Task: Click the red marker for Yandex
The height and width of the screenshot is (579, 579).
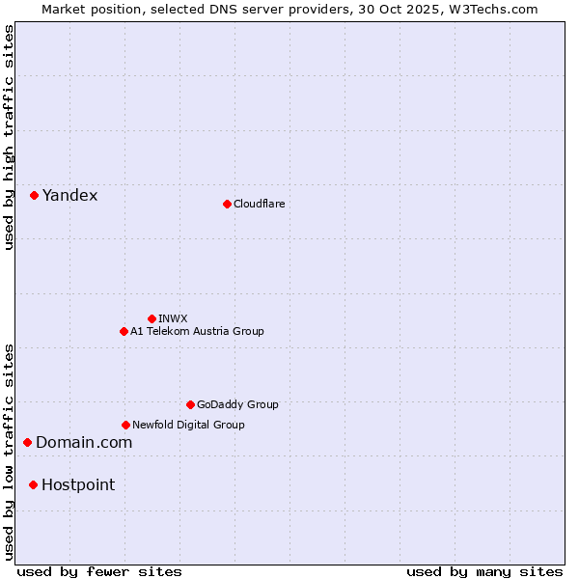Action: tap(34, 195)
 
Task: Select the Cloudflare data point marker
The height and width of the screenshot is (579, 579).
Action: tap(227, 204)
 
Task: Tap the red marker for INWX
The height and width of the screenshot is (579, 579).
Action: tap(152, 318)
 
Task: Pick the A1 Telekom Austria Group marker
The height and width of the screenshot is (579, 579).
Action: tap(124, 331)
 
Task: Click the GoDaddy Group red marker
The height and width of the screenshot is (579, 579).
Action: tap(190, 404)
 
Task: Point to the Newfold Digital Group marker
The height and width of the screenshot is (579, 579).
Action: tap(125, 425)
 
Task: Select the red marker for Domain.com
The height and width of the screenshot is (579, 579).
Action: tap(28, 442)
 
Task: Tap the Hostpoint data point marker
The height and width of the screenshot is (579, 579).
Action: tap(33, 484)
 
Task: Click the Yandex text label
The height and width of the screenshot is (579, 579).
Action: tap(69, 196)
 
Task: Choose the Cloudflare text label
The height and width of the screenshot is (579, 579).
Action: tap(259, 204)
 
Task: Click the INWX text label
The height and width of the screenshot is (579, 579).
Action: tap(173, 318)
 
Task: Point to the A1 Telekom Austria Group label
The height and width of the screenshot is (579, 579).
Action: tap(197, 331)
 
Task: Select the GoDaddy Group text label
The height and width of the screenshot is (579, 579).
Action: tap(237, 404)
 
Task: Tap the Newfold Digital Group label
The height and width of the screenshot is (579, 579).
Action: tap(188, 425)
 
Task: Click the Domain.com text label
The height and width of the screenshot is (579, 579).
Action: tap(84, 443)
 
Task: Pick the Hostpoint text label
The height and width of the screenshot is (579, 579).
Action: tap(78, 485)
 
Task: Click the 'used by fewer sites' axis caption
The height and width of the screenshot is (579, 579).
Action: tap(99, 571)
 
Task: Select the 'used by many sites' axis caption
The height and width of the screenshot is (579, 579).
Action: tap(484, 571)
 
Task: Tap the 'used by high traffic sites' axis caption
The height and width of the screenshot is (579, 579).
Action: tap(9, 137)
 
